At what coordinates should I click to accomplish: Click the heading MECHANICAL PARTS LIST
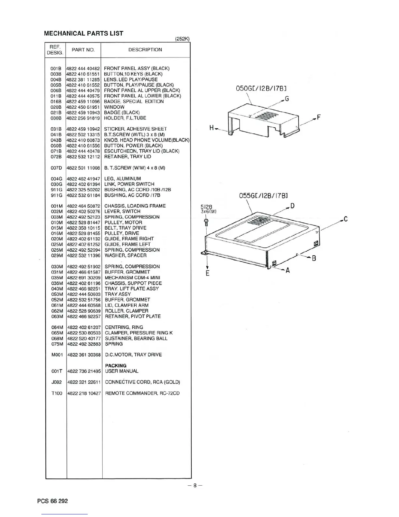tap(83, 33)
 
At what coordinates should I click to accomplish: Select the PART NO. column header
tap(83, 50)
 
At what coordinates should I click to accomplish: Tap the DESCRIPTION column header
tap(145, 50)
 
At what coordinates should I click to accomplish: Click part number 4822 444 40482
tap(83, 69)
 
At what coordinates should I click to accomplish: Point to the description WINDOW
tap(114, 107)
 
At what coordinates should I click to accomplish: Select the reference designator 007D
tap(56, 168)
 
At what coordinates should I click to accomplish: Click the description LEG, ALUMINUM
tap(123, 179)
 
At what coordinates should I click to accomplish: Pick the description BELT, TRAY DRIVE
tap(125, 228)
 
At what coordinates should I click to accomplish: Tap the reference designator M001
tap(57, 355)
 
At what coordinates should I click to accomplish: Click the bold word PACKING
tap(116, 366)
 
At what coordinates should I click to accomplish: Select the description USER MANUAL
tap(122, 371)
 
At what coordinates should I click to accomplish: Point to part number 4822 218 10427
tap(84, 393)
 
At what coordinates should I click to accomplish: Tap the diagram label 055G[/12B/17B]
tap(263, 196)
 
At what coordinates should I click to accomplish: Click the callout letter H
tap(212, 128)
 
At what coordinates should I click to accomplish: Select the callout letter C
tap(345, 219)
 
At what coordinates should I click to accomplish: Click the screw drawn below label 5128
tap(206, 222)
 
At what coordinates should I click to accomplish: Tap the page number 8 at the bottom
tap(195, 485)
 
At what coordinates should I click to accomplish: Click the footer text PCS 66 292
tap(52, 501)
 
